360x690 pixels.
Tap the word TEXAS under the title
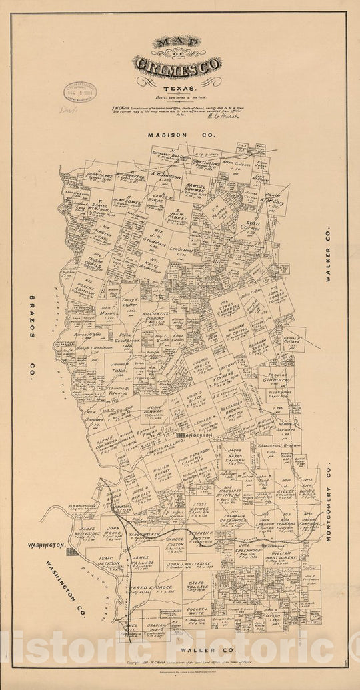pos(177,88)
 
